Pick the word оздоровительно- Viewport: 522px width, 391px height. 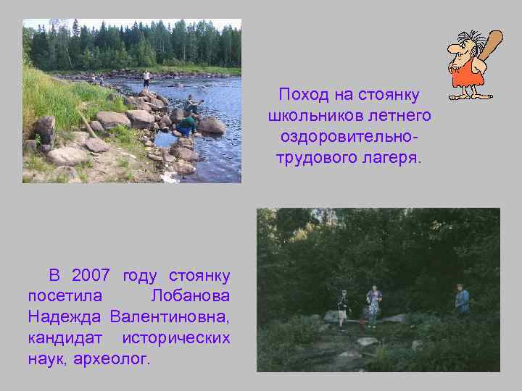349,137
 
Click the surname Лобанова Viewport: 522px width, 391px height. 191,296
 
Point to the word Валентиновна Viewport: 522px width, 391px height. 170,317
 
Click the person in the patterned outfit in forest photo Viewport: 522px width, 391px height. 373,304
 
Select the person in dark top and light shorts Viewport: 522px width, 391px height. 342,307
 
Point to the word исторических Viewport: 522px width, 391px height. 176,338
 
